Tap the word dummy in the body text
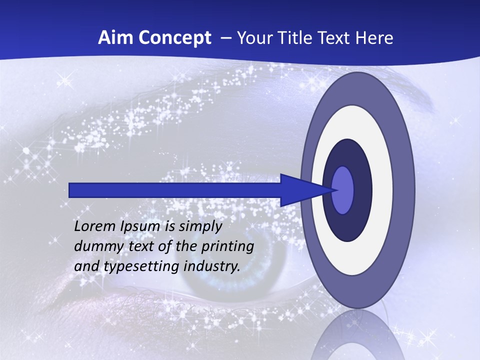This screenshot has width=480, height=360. [95, 246]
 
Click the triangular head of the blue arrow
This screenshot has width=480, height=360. [300, 190]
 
